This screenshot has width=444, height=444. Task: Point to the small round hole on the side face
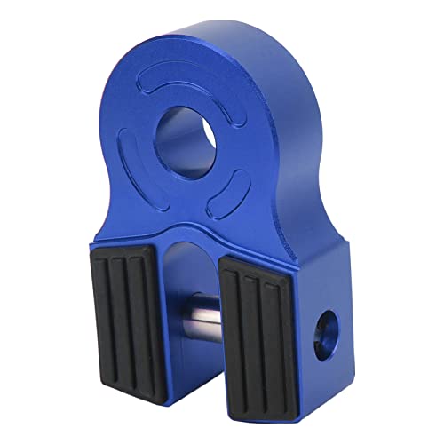point(327,328)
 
